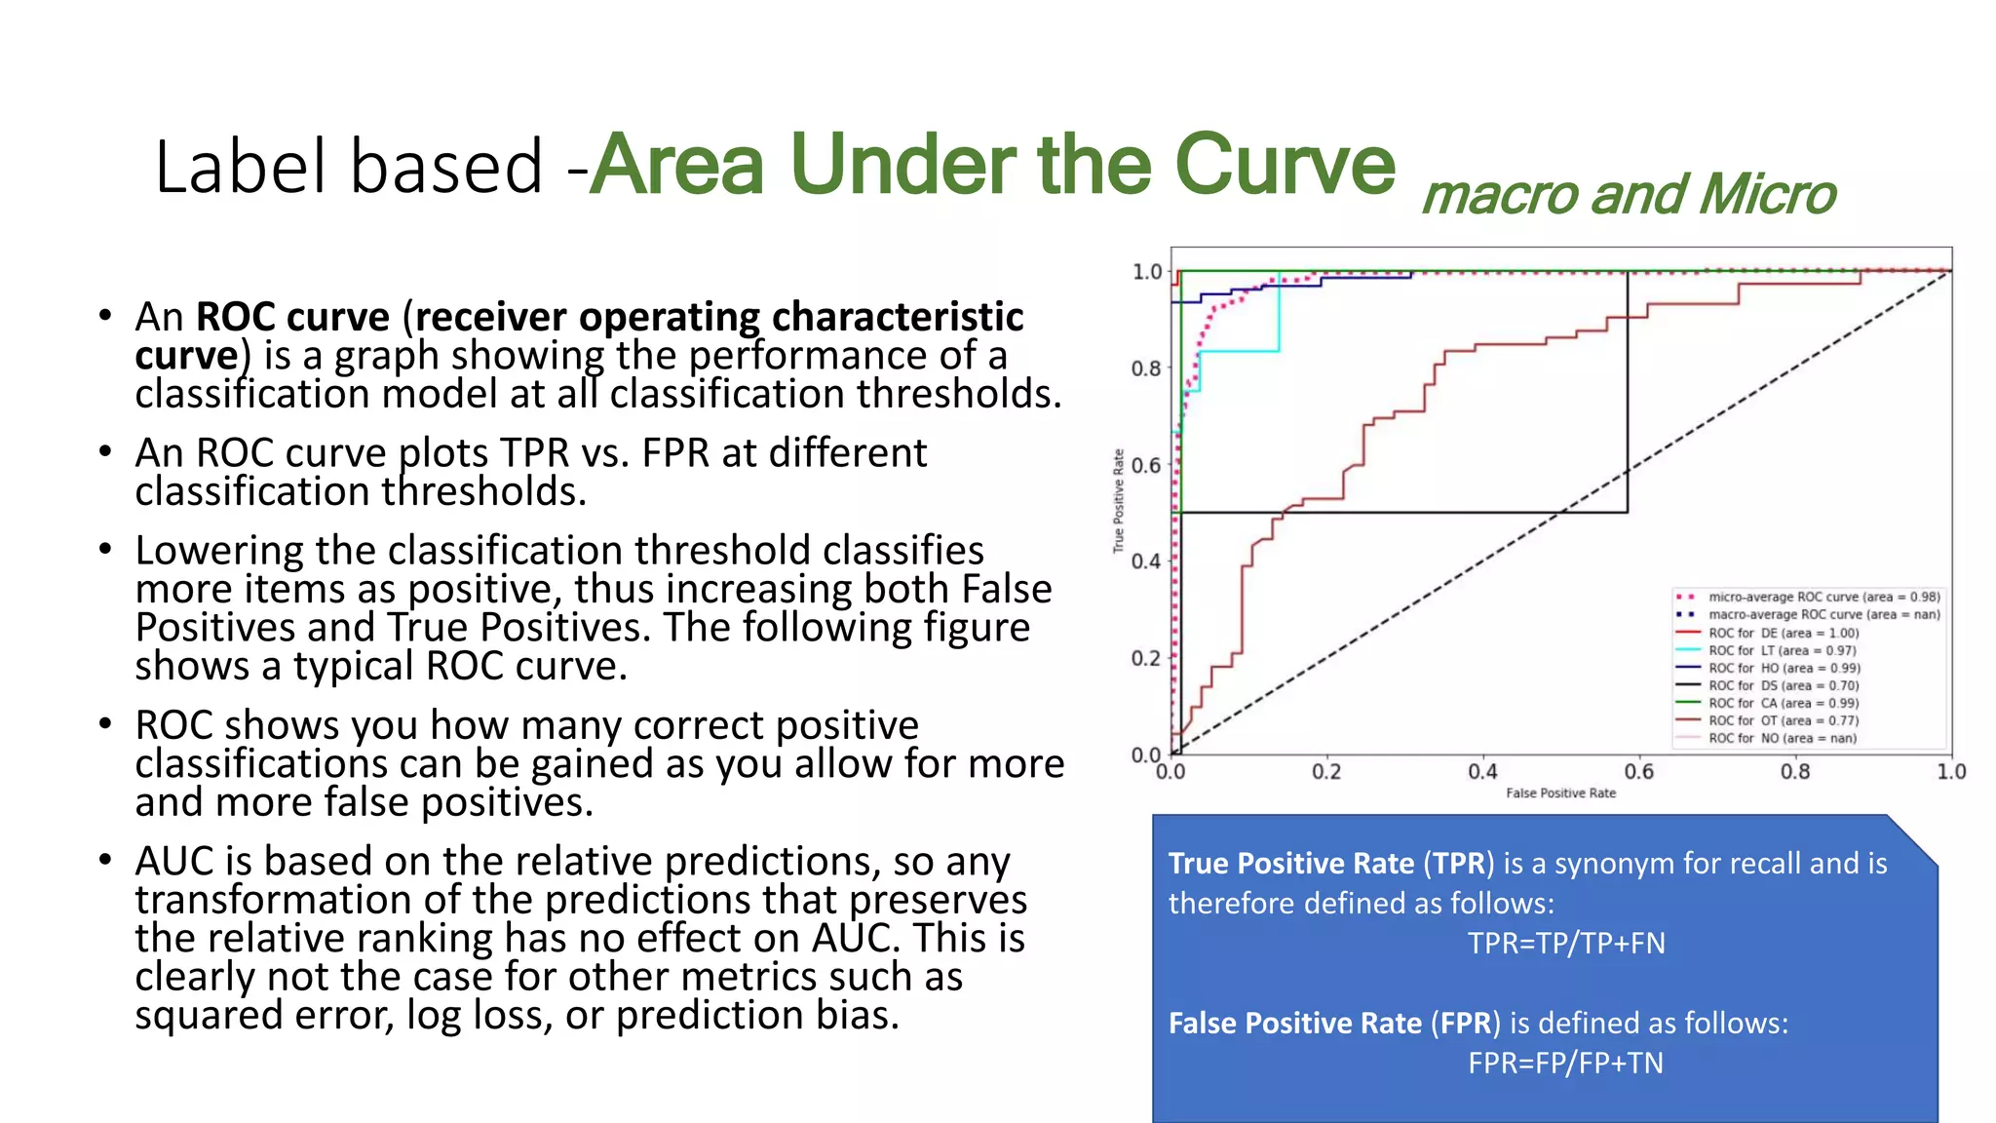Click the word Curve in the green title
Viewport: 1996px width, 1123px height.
pyautogui.click(x=1285, y=165)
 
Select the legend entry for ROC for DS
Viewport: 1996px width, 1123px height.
pyautogui.click(x=1783, y=685)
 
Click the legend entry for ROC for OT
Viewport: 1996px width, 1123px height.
pyautogui.click(x=1783, y=720)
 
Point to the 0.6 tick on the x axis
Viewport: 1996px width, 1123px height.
pyautogui.click(x=1639, y=772)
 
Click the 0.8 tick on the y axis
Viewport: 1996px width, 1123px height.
pyautogui.click(x=1145, y=368)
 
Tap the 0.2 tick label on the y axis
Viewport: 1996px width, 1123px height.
pyautogui.click(x=1145, y=658)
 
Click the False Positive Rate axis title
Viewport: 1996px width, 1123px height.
pyautogui.click(x=1560, y=794)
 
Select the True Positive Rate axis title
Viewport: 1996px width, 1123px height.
pyautogui.click(x=1119, y=501)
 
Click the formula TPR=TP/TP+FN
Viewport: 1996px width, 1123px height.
pyautogui.click(x=1566, y=944)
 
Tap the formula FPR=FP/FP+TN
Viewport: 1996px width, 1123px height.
pyautogui.click(x=1565, y=1063)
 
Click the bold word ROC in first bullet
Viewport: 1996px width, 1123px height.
pyautogui.click(x=236, y=318)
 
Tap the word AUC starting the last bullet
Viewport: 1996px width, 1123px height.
pyautogui.click(x=175, y=862)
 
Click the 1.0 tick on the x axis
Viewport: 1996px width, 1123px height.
pyautogui.click(x=1950, y=772)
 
